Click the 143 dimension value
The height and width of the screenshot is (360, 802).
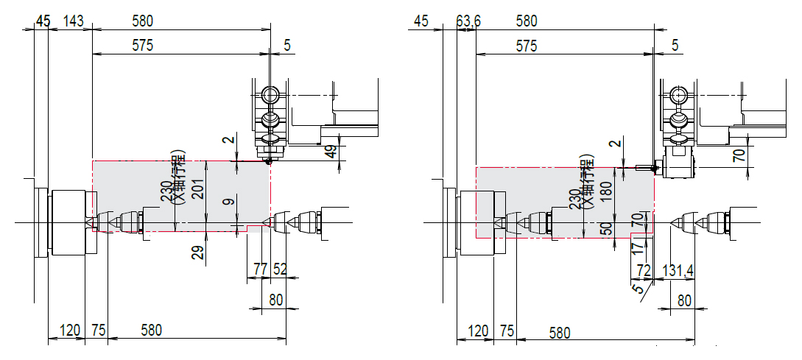(74, 21)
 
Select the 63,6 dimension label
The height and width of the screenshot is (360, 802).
(468, 21)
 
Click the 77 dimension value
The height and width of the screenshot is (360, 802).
(261, 269)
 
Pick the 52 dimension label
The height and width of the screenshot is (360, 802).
(280, 269)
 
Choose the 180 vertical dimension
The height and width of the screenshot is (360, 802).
(607, 191)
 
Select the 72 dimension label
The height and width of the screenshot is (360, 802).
(644, 270)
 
